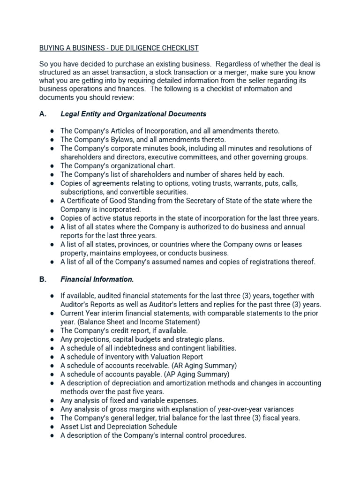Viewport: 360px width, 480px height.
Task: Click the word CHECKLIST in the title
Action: pos(177,48)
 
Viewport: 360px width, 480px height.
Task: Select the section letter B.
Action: pos(43,279)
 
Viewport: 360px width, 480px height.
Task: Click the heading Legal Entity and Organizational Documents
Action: pos(133,114)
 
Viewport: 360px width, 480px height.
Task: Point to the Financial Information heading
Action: pos(97,279)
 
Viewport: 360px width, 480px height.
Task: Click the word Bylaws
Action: pos(120,140)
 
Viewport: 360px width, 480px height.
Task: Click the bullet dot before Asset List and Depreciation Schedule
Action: pos(52,427)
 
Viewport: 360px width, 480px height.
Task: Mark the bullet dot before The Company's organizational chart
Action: pos(52,166)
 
